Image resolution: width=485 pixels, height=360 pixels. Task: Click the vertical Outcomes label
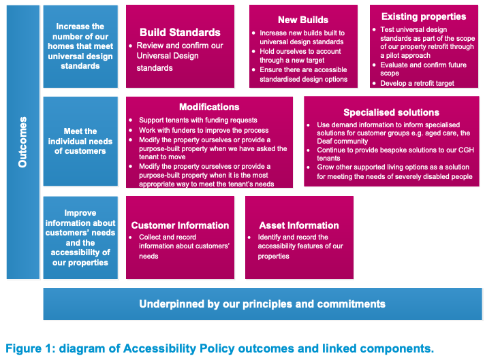(22, 142)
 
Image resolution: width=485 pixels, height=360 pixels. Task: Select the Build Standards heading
(180, 33)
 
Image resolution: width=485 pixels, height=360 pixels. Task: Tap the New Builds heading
(303, 20)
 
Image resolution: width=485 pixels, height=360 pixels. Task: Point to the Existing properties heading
(424, 16)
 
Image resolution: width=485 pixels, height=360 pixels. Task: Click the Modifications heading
(209, 107)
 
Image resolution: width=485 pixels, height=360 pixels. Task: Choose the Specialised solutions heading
(391, 112)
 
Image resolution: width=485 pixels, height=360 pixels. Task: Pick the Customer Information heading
(180, 225)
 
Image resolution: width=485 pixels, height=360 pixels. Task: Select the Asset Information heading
(299, 225)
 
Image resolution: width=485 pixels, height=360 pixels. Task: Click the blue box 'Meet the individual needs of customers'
(80, 142)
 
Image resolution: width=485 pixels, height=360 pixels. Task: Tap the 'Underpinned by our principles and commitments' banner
(262, 304)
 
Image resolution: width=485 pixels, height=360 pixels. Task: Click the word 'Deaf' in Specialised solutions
(324, 142)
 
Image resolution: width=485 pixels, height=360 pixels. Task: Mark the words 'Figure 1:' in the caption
(31, 348)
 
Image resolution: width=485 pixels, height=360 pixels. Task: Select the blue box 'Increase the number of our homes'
(80, 46)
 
